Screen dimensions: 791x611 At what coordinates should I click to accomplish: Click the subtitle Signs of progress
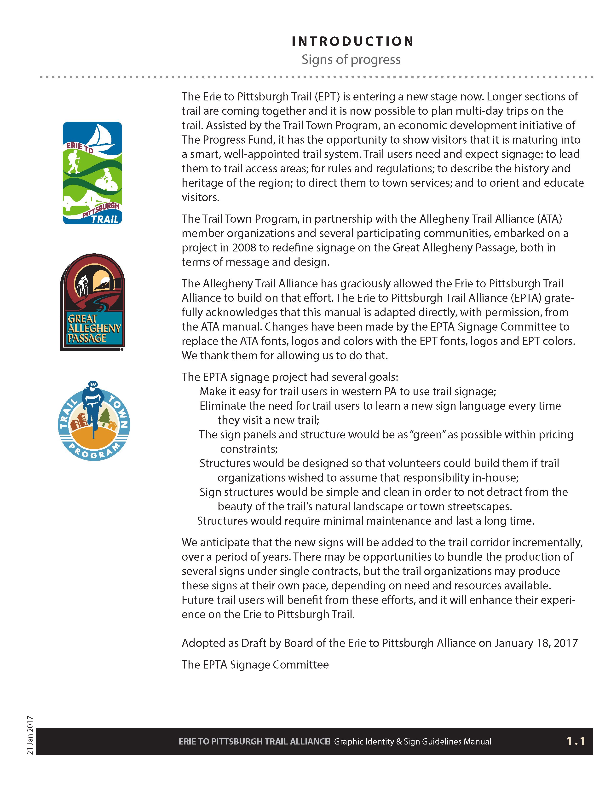351,59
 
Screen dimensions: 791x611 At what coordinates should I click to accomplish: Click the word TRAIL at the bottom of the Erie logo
105,219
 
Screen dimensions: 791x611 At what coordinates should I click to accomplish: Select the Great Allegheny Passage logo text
93,328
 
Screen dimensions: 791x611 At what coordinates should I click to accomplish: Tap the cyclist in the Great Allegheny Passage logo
82,285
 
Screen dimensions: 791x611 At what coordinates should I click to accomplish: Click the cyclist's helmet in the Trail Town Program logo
93,384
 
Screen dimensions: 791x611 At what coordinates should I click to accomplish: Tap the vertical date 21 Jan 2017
30,735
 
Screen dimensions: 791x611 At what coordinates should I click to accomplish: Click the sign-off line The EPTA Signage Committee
255,665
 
